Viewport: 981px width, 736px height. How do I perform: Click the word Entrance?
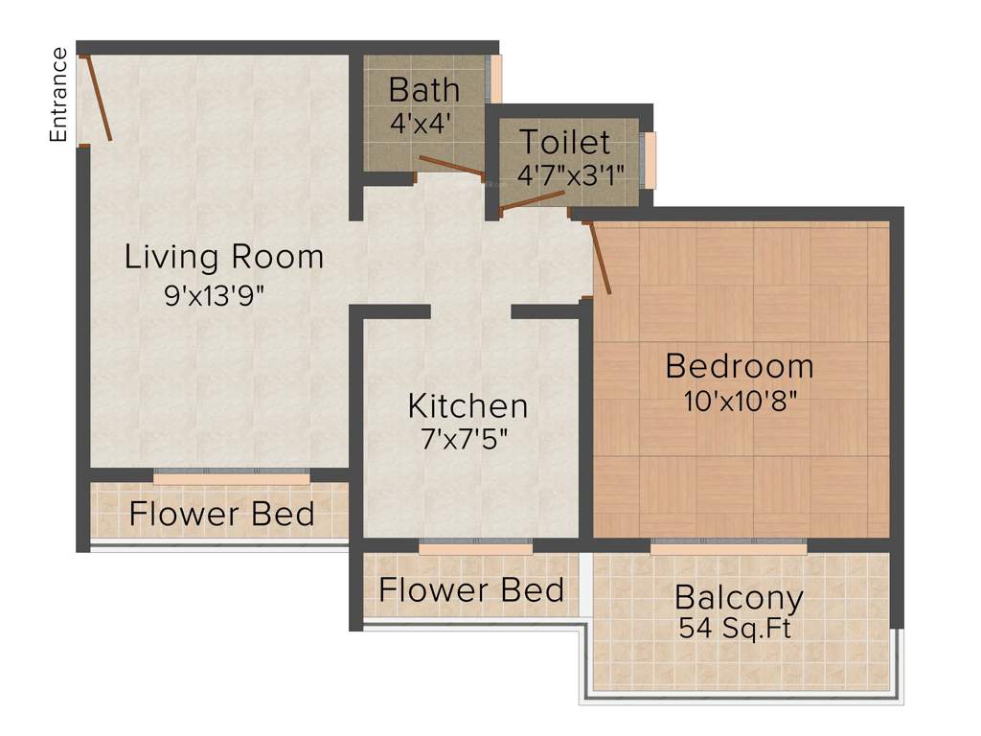coord(59,95)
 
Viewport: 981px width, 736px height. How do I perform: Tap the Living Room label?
coord(224,257)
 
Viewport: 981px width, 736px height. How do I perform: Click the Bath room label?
coord(423,90)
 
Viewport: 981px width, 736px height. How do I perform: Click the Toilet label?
coord(564,143)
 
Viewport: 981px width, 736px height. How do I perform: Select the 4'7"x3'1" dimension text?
coord(570,175)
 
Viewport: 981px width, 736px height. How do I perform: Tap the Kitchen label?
coord(468,405)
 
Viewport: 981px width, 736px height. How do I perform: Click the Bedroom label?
coord(740,366)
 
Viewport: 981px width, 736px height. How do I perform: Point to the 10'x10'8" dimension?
coord(741,401)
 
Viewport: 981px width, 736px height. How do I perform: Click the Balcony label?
coord(739,598)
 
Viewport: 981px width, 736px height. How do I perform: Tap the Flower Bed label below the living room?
coord(222,514)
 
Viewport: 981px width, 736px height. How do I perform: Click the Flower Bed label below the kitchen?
coord(471,589)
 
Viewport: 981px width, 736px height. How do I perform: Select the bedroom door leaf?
coord(602,258)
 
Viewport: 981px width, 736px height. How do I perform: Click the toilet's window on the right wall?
coord(650,160)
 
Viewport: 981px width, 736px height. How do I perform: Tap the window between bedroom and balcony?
coord(728,547)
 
